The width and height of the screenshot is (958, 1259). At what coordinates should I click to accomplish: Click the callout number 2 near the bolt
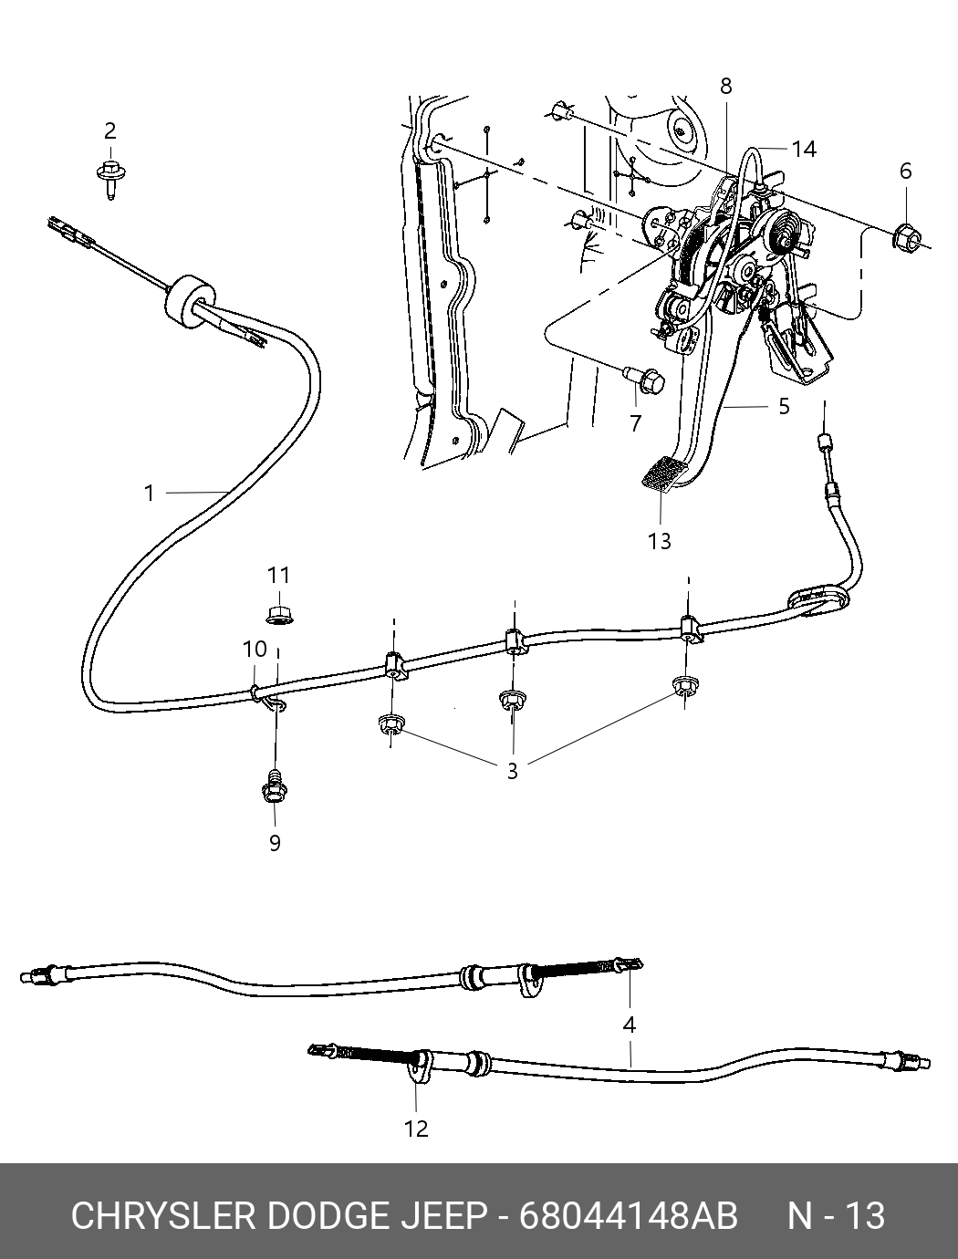click(x=109, y=130)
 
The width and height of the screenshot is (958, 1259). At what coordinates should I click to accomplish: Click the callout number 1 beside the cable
click(x=150, y=494)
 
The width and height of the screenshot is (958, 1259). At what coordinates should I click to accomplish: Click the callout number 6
click(x=905, y=171)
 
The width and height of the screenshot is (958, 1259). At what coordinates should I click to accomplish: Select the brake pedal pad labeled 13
click(x=663, y=475)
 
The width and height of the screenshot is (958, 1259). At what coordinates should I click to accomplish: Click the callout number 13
click(x=659, y=541)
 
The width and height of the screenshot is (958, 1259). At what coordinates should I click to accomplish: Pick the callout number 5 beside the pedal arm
click(x=784, y=406)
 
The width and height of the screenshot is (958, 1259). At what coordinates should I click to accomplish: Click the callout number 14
click(x=804, y=149)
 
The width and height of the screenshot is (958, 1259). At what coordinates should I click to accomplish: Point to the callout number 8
click(x=725, y=86)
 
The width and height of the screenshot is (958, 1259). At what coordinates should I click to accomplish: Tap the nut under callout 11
click(x=277, y=613)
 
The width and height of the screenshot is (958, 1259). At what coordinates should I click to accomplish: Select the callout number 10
click(x=255, y=649)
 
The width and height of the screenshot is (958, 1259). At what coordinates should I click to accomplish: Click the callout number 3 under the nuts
click(x=513, y=771)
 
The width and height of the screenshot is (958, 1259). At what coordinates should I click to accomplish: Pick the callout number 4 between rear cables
click(x=629, y=1025)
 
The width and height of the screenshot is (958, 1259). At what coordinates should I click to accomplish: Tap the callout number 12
click(x=416, y=1129)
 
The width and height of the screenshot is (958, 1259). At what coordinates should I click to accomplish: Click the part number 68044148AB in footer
click(x=628, y=1216)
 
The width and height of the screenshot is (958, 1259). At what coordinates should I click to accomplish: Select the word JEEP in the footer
click(x=442, y=1216)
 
